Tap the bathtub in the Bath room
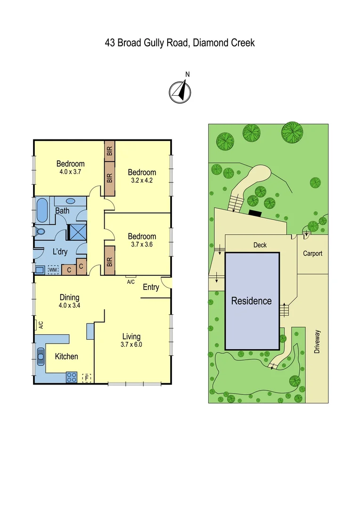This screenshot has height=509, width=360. click(x=42, y=211)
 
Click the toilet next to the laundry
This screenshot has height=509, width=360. click(x=40, y=232)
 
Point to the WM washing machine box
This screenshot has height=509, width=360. click(x=53, y=270)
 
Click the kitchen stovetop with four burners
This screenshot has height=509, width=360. click(x=71, y=377)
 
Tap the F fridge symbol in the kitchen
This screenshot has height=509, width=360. click(x=86, y=378)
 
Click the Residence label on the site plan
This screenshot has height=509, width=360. click(x=251, y=301)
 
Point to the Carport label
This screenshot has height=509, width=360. click(x=312, y=254)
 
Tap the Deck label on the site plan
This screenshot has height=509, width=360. click(x=260, y=245)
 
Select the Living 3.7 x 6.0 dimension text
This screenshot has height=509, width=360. click(x=131, y=345)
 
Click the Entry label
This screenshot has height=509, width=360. click(x=151, y=287)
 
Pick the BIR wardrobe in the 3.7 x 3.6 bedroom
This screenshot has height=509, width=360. click(x=110, y=260)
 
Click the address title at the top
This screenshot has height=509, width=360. click(x=180, y=43)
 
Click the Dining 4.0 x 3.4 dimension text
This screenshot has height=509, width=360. click(x=69, y=305)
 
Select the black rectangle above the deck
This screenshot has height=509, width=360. click(x=255, y=213)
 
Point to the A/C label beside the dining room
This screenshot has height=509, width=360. click(x=41, y=325)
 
